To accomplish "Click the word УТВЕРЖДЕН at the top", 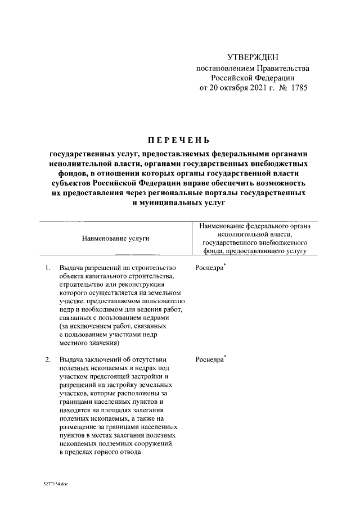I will click(253, 58).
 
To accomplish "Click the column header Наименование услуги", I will click(116, 238).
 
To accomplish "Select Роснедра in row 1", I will click(209, 268).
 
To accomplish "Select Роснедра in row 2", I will click(209, 359).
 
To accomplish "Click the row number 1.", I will click(48, 268).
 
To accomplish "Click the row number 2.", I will click(48, 359).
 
